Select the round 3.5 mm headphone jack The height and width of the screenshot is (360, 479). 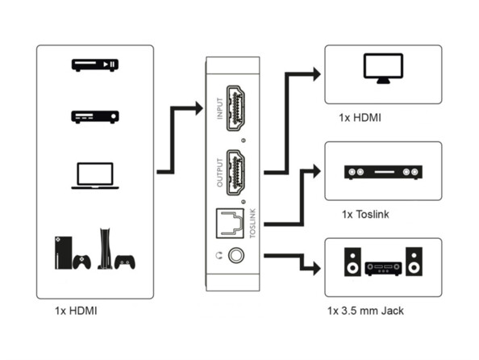click(236, 257)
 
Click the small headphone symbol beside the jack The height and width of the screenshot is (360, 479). click(218, 257)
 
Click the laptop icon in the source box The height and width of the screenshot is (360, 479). click(94, 176)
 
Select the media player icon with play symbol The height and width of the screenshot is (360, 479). click(94, 65)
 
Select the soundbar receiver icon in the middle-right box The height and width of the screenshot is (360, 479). click(383, 172)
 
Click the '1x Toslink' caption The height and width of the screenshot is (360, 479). click(366, 215)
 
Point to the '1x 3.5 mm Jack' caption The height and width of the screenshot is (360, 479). click(366, 311)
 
